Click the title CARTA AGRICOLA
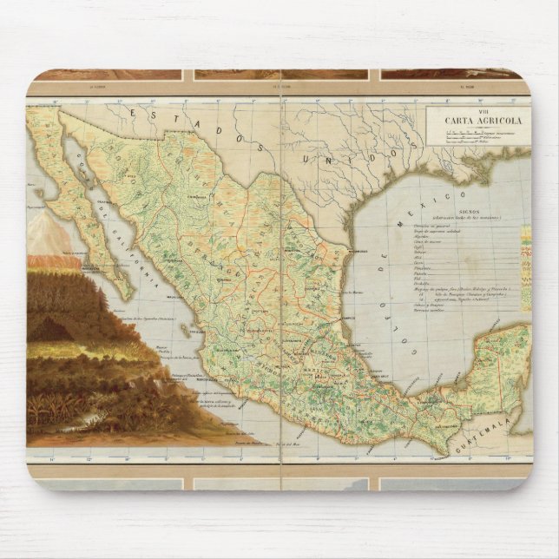coord(476,121)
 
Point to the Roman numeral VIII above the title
coord(476,112)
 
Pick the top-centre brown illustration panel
coord(280,75)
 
